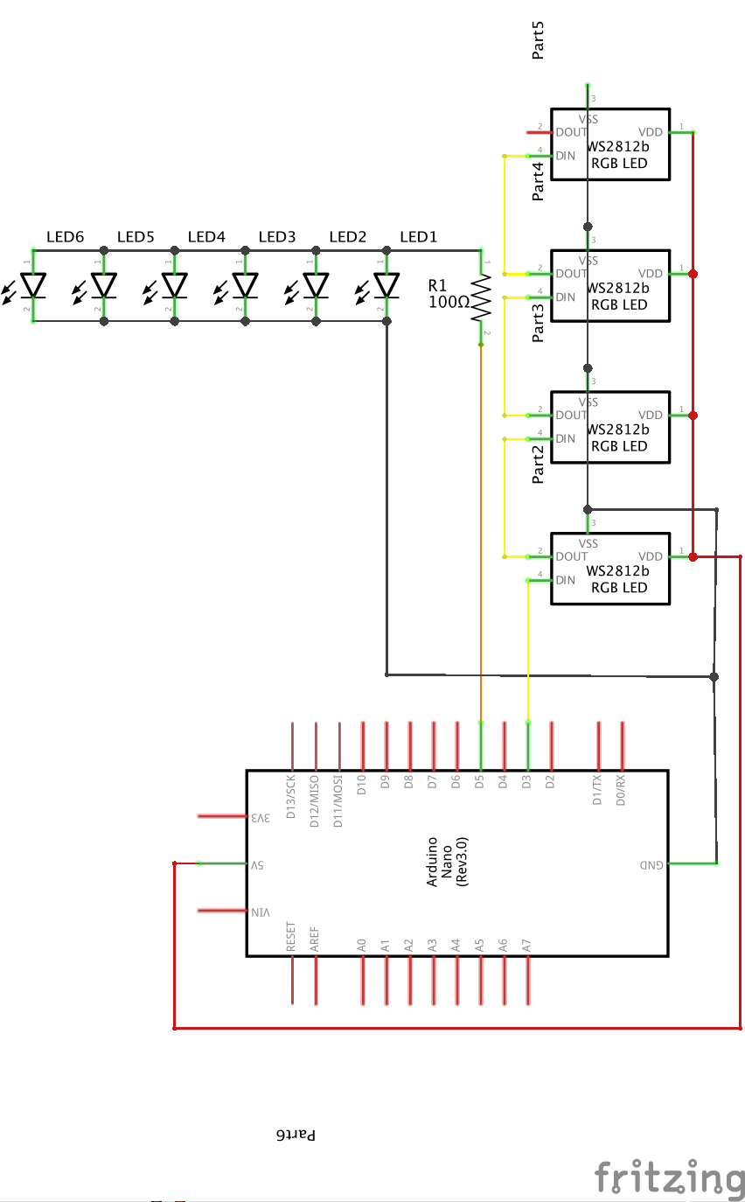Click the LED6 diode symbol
pos(33,285)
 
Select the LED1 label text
pos(417,237)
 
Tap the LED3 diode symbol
pos(246,285)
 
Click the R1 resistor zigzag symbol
pos(481,298)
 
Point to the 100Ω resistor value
pos(449,302)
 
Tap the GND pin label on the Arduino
pos(652,864)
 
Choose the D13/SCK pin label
pos(291,798)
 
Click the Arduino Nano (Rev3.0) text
pos(447,862)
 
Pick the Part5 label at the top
pos(539,44)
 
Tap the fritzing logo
pos(669,1177)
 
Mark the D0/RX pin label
pos(621,789)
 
